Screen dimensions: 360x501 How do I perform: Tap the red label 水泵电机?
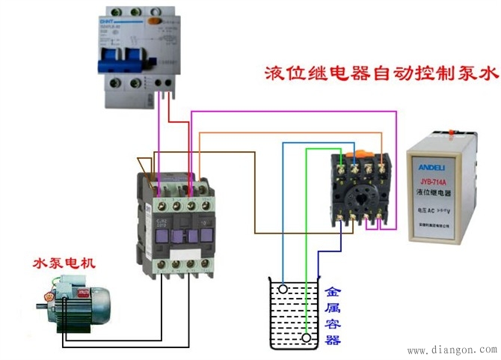pos(64,263)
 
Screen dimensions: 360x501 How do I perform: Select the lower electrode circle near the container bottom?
pos(306,338)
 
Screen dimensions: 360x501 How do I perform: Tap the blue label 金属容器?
pos(333,314)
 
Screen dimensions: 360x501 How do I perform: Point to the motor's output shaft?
pos(41,305)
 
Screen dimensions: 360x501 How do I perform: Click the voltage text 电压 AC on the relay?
pos(428,212)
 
